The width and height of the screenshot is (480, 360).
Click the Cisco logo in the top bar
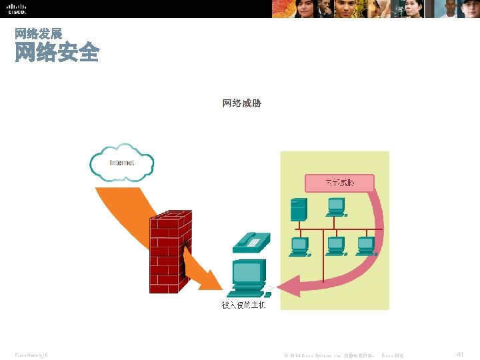(17, 9)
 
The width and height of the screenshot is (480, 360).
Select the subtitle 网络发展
(38, 33)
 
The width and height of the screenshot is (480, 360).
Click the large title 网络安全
(57, 52)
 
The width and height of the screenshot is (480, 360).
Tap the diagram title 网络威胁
(241, 103)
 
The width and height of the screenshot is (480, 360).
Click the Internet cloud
(121, 162)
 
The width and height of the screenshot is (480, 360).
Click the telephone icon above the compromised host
(251, 241)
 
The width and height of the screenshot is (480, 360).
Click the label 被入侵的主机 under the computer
(243, 305)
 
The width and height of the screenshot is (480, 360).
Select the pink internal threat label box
(339, 182)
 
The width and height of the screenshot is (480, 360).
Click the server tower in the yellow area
(298, 209)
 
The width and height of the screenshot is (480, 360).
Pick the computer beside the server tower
(335, 207)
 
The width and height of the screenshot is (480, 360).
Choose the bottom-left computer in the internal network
(299, 246)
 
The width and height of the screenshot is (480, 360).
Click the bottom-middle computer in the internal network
(335, 246)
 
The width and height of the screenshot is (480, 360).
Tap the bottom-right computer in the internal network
(366, 246)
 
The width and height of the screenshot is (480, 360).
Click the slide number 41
(459, 354)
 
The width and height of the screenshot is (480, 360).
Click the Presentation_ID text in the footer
(31, 355)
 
